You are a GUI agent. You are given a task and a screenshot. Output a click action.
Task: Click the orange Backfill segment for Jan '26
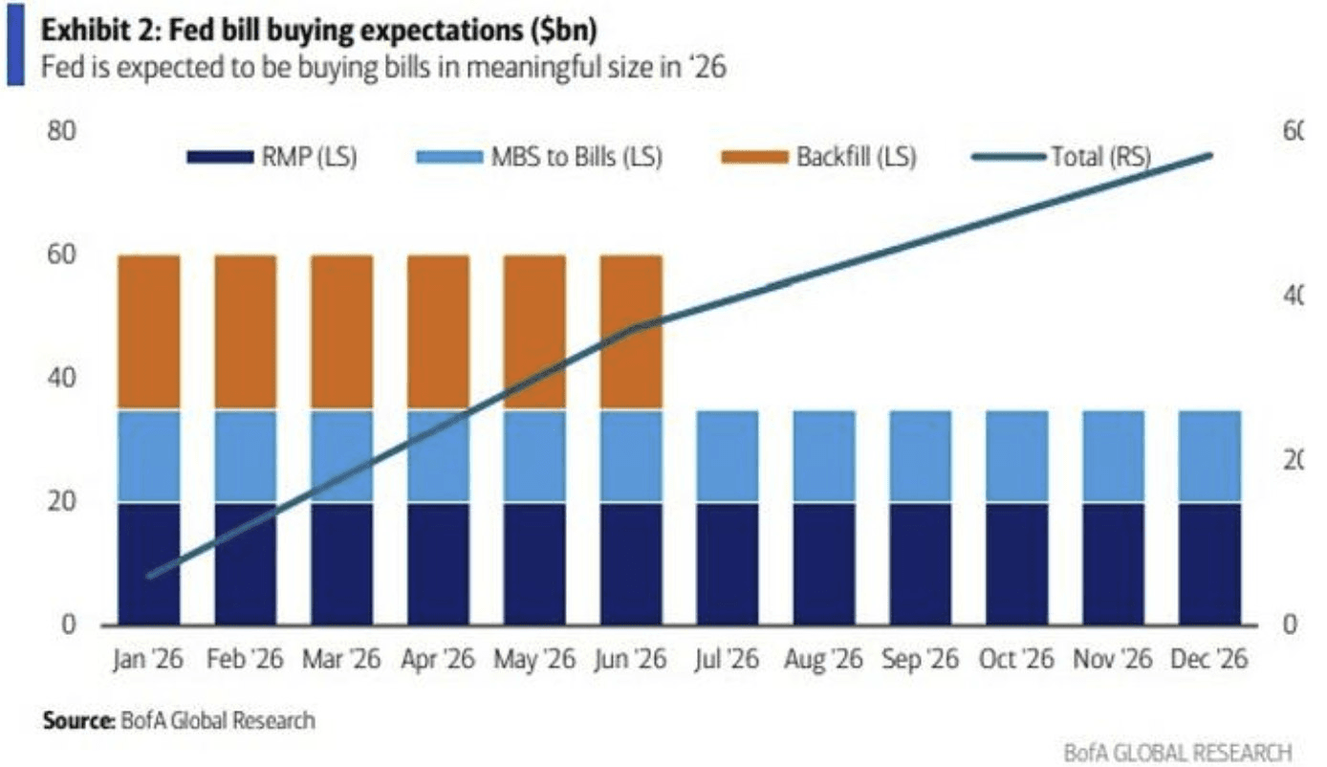[149, 332]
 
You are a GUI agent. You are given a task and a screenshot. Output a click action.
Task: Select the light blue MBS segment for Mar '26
[341, 456]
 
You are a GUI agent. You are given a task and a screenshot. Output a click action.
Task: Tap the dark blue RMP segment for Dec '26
[1208, 563]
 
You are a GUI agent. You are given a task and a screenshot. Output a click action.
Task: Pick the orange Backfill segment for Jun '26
[631, 332]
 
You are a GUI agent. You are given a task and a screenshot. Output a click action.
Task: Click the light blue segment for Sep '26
[920, 456]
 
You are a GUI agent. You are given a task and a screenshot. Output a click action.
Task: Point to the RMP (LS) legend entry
[272, 157]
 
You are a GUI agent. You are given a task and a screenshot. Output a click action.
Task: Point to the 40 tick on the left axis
[59, 378]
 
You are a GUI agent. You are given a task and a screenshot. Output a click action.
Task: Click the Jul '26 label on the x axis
[728, 660]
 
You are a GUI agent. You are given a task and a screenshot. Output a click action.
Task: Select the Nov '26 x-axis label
[1112, 660]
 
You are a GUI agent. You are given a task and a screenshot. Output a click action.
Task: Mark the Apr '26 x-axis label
[438, 660]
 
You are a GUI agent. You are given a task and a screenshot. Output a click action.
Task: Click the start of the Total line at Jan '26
[149, 576]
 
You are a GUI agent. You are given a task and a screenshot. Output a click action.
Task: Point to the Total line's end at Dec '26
[1209, 155]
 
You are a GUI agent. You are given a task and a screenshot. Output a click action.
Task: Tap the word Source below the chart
[76, 720]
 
